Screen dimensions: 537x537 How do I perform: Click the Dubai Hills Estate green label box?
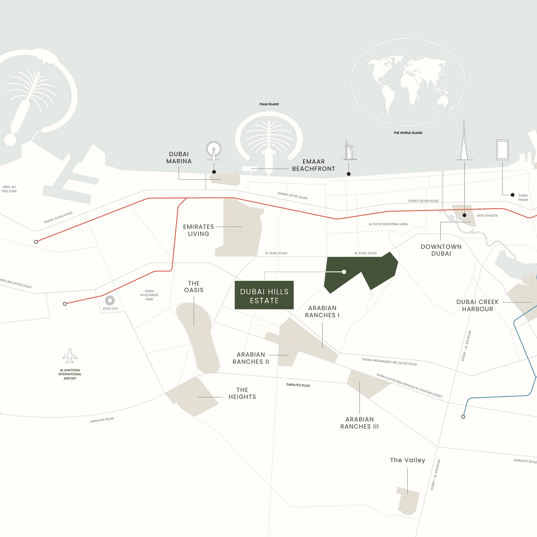point(264,296)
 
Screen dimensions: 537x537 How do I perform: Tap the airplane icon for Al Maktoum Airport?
point(70,356)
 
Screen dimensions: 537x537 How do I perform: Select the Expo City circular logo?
point(110,301)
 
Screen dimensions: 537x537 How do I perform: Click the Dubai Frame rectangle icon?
point(502,150)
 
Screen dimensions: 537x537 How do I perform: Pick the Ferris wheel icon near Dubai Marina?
point(214,150)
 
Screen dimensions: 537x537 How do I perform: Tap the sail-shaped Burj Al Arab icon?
point(349,151)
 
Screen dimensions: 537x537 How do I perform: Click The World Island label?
point(408,133)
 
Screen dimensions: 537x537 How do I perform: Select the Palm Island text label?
point(269,104)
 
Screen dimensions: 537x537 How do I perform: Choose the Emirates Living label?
point(198,230)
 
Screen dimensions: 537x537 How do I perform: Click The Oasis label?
point(194,287)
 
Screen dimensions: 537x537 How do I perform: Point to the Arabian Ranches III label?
point(360,423)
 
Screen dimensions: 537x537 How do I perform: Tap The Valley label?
point(407,460)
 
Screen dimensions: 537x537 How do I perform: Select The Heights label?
point(242,393)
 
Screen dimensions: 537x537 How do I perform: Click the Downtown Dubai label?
point(441,250)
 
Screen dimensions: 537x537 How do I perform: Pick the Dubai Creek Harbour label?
point(478,306)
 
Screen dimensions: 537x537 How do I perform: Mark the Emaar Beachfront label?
point(314,165)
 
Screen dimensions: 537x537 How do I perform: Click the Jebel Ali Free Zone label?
point(9,189)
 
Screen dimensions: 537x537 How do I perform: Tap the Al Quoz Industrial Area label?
point(388,224)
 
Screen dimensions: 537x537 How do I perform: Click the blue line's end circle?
point(463,417)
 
